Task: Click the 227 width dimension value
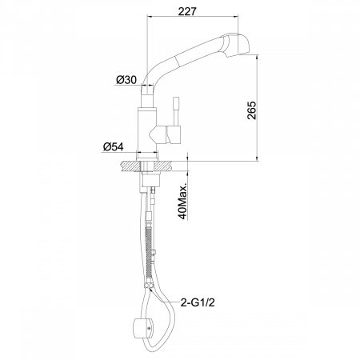[x=187, y=11]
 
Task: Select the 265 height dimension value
[x=251, y=110]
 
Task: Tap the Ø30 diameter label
[x=126, y=79]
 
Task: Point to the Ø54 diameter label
[x=114, y=146]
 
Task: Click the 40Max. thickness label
[x=182, y=201]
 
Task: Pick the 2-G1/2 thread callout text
[x=198, y=302]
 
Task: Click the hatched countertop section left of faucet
[x=130, y=166]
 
